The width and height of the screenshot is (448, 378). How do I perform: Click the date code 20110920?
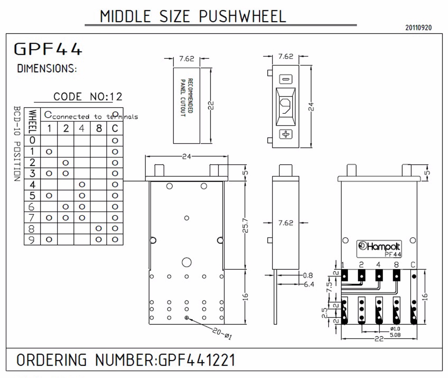click(x=418, y=28)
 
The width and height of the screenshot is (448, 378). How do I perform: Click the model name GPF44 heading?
click(x=48, y=49)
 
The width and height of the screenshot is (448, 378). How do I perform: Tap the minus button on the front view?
click(x=286, y=79)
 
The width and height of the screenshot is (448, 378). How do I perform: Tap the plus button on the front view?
click(x=286, y=134)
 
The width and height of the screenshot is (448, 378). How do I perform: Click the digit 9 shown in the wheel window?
click(x=285, y=106)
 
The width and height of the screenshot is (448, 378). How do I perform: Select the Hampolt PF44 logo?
click(x=379, y=249)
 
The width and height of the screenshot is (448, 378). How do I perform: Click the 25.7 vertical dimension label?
click(x=245, y=225)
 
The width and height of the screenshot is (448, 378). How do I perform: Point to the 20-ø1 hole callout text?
click(x=222, y=334)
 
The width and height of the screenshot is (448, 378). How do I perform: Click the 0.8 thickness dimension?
click(x=308, y=275)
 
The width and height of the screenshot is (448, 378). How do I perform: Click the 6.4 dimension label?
click(x=309, y=284)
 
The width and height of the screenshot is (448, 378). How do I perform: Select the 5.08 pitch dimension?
click(x=395, y=335)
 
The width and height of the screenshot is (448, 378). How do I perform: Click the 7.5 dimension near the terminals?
click(x=329, y=287)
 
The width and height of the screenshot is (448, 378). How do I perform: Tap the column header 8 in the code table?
click(x=99, y=128)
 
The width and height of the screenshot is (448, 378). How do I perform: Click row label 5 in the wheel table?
click(x=32, y=196)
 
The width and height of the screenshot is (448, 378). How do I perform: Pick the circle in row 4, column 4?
click(x=82, y=185)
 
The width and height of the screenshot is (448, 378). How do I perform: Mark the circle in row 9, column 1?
click(x=49, y=239)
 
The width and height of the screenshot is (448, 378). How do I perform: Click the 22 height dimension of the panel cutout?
click(x=211, y=105)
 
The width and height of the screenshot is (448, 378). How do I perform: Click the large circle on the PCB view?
click(x=186, y=262)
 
